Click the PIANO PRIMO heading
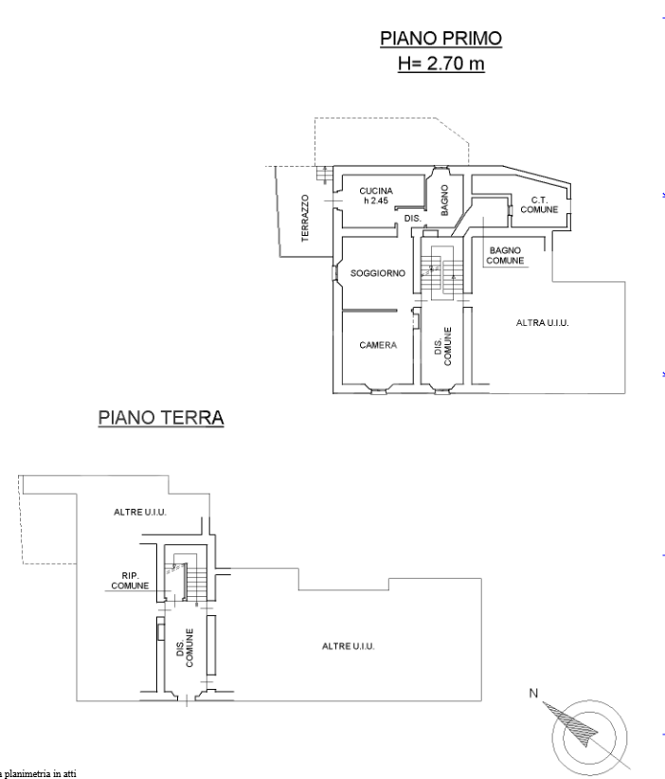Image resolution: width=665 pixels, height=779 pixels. [440, 39]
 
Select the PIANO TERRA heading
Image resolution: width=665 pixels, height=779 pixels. [161, 418]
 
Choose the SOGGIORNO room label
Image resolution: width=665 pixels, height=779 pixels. [377, 273]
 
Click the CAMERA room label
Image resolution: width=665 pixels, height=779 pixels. [377, 345]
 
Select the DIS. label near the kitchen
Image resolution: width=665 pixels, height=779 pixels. [412, 218]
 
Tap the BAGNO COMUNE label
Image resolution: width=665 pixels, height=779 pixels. [506, 255]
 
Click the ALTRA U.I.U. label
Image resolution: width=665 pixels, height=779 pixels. [548, 323]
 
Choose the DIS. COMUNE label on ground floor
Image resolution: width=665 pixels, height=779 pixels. [185, 648]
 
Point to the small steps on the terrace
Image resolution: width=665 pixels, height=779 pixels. [325, 173]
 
